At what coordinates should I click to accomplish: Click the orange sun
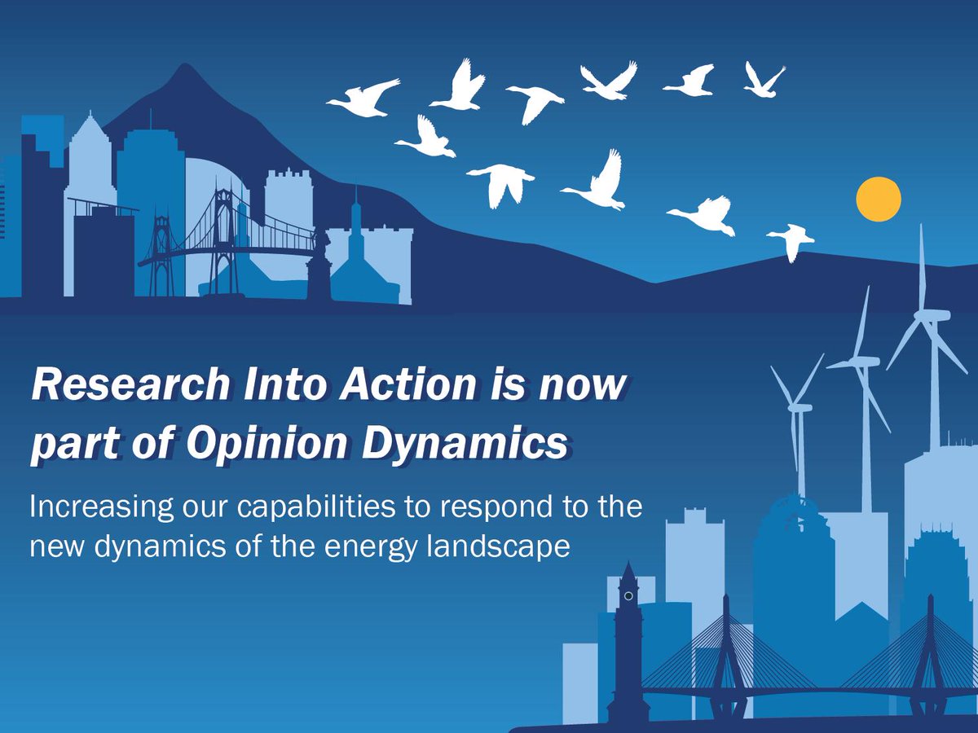tap(879, 199)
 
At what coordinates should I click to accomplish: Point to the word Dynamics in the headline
tap(465, 443)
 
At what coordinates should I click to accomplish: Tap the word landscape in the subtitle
tap(498, 546)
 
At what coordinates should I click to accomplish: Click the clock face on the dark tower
tap(628, 596)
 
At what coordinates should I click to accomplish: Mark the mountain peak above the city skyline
tap(183, 65)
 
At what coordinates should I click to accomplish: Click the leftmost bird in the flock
tap(363, 98)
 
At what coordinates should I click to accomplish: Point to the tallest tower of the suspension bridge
tap(222, 236)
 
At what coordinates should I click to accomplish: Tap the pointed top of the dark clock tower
tap(628, 562)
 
